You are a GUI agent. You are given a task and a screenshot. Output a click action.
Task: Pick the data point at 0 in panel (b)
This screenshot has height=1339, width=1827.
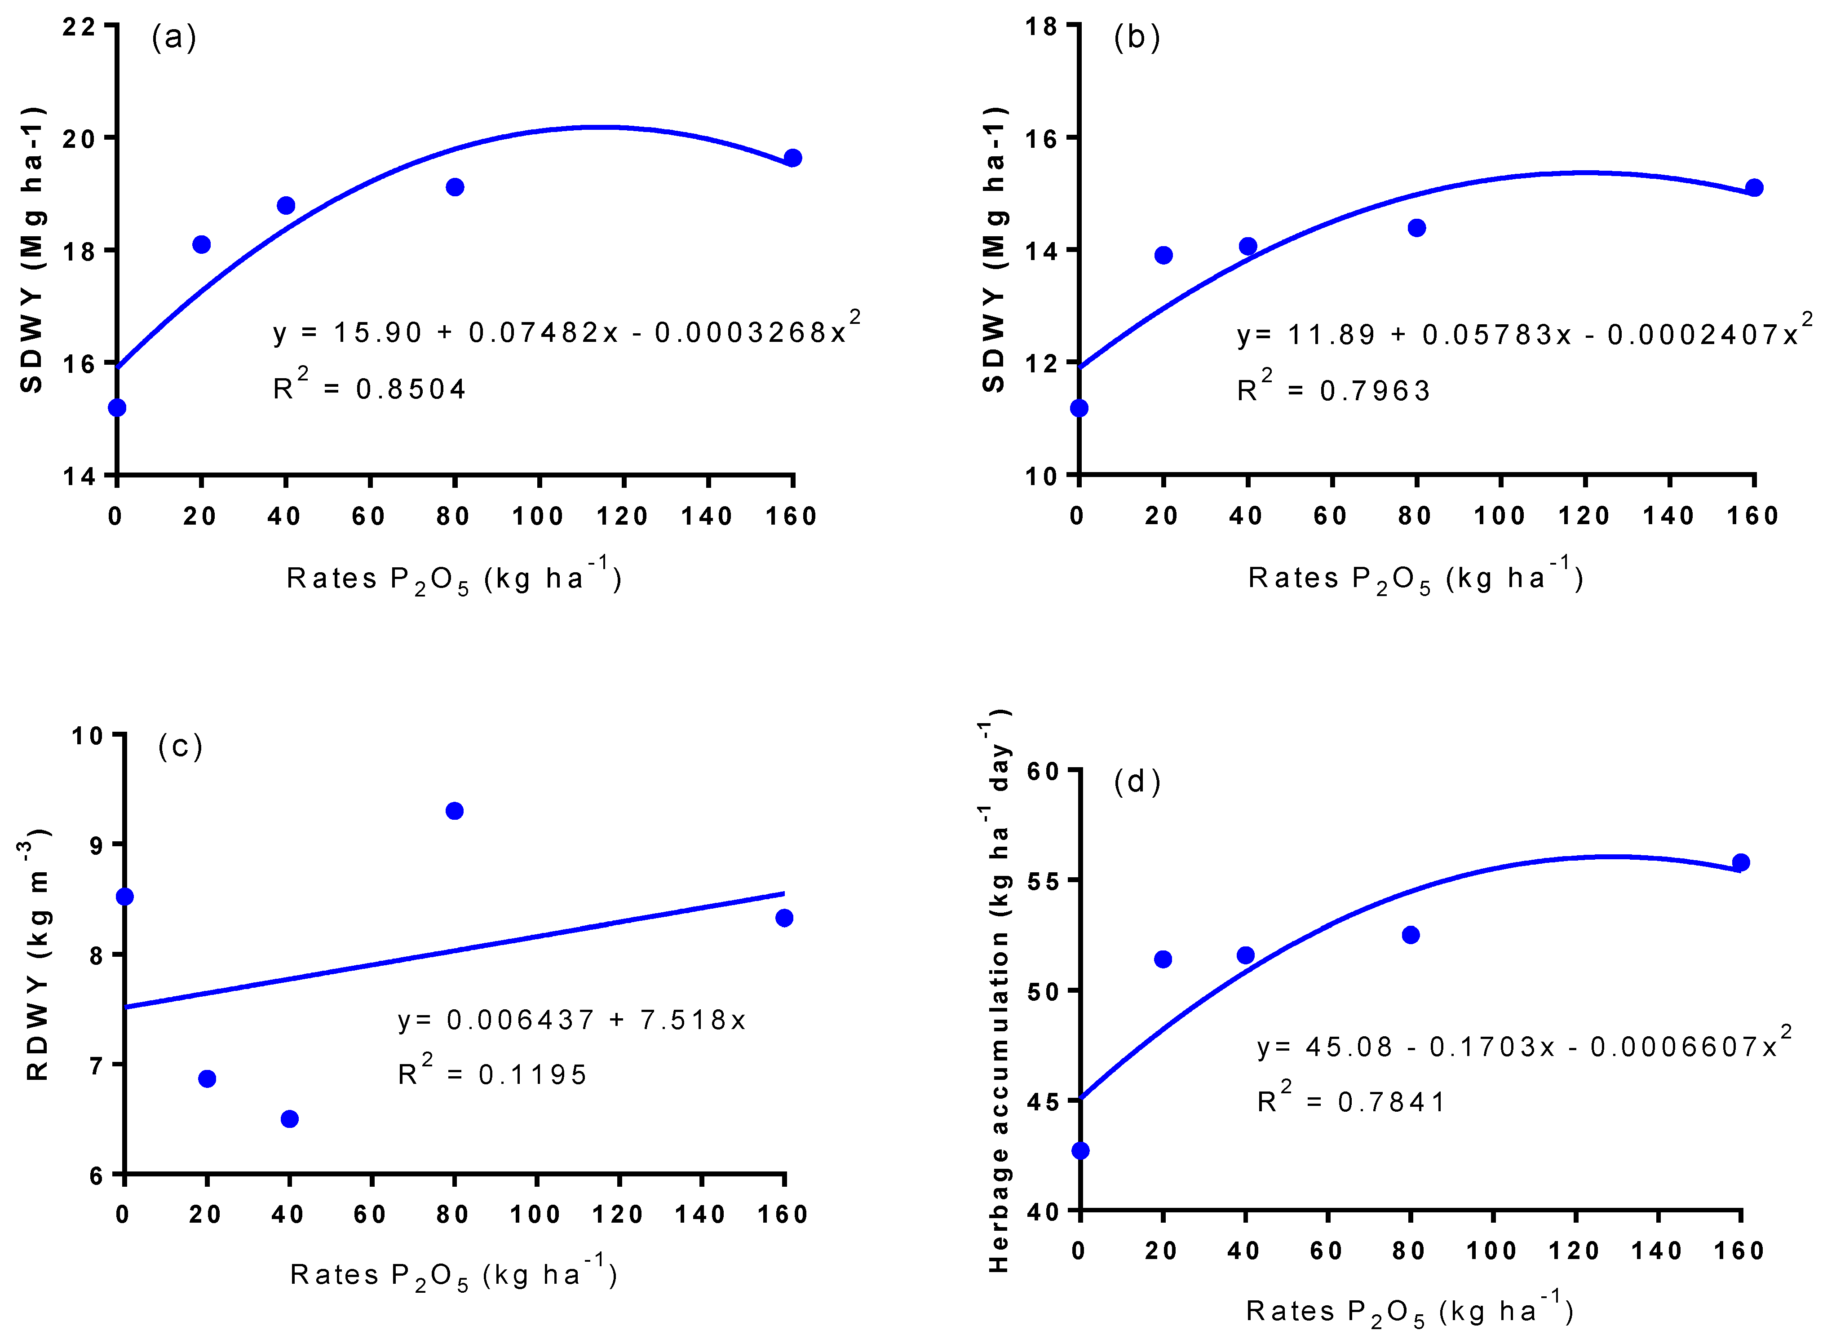pos(1079,408)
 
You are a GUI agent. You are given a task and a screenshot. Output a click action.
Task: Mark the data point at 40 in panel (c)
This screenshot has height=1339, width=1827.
pos(289,1118)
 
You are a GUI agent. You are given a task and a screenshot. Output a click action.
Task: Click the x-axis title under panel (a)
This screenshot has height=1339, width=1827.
pos(454,579)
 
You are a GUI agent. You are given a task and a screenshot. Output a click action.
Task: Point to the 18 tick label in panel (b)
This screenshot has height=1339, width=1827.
pos(1042,27)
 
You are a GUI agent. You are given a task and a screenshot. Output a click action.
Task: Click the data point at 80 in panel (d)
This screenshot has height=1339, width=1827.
pos(1411,935)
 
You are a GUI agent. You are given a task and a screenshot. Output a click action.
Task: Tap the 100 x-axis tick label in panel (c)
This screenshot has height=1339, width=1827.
pos(535,1214)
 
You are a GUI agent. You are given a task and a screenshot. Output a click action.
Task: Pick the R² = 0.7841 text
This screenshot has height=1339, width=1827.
pos(1351,1100)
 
